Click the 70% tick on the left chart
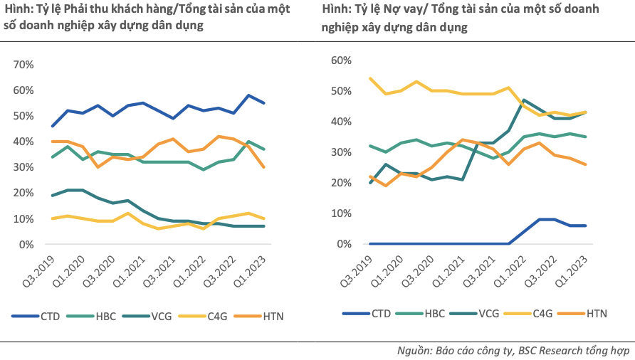[23, 65]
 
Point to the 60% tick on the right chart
[340, 60]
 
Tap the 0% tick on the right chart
[343, 244]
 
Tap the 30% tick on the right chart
[340, 152]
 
